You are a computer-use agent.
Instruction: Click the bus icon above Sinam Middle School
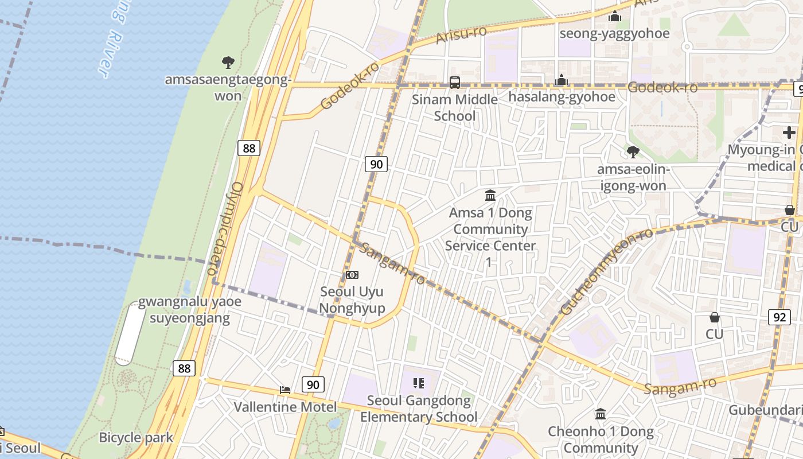(455, 82)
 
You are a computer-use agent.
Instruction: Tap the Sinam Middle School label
(455, 108)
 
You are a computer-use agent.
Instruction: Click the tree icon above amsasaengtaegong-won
(228, 62)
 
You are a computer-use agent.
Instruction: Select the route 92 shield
(779, 317)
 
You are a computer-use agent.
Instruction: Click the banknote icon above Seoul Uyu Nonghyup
(352, 275)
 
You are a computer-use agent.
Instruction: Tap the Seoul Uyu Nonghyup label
(352, 300)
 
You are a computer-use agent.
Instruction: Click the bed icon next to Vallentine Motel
(285, 390)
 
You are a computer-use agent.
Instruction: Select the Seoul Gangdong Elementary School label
(419, 409)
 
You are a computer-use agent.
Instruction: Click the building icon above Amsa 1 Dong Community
(490, 196)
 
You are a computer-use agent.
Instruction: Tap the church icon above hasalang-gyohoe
(562, 80)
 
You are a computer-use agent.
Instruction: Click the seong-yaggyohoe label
(614, 33)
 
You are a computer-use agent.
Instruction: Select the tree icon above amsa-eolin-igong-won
(633, 152)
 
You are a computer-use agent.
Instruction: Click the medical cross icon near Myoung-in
(789, 133)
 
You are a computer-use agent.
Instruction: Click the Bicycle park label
(136, 437)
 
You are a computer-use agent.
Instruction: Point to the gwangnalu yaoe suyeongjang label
(189, 310)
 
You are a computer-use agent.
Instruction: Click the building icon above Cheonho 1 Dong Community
(601, 414)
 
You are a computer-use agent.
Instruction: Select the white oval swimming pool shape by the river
(130, 334)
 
